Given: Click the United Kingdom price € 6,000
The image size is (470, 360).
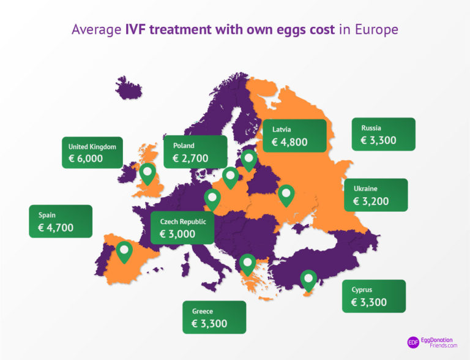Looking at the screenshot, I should coord(86,159).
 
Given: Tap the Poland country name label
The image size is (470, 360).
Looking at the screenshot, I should coord(184,146).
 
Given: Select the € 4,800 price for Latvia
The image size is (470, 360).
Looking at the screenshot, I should coord(289,143).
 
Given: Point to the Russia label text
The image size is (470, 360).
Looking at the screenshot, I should coord(371,128).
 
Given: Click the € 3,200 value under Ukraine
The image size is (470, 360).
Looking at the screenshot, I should coord(371,201).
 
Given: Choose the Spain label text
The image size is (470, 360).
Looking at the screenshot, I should coord(47,215).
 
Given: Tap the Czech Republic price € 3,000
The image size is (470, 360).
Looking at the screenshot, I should coord(177,234).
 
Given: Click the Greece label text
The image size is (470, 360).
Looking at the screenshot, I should coord(202,311).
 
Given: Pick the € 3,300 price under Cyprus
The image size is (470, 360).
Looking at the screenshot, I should coord(369,302).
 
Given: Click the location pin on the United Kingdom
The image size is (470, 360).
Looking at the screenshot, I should coord(147,173).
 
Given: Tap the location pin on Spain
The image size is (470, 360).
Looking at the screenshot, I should coord(124,251).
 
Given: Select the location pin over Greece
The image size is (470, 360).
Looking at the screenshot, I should coord(247,263).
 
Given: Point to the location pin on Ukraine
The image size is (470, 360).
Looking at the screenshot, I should coord(286,195).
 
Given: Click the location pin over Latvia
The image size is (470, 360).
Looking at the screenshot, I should coord(249,160).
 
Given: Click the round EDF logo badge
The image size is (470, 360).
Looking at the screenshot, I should coord(414,343).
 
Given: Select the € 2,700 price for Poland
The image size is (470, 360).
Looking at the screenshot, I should coord(190,159).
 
